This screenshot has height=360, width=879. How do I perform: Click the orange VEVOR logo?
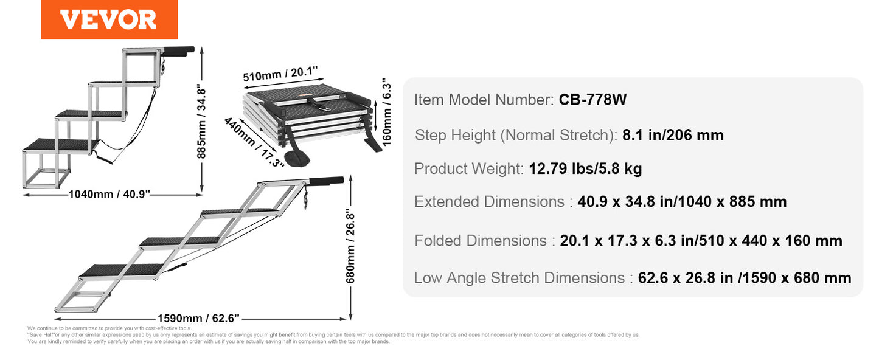109,19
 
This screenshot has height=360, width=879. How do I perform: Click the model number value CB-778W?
592,100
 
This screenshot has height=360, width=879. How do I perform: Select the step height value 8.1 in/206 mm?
673,135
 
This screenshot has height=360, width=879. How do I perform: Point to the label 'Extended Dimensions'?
490,202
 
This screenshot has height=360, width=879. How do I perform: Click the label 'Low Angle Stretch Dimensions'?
519,278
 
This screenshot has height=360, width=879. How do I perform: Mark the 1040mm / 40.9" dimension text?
109,195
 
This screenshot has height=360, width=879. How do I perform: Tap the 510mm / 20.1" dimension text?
273,75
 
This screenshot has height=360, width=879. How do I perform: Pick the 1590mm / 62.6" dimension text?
198,317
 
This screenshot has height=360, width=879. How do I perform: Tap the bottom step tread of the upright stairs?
60,144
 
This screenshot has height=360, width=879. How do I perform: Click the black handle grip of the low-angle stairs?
328,181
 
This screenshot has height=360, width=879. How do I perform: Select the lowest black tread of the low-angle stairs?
122,269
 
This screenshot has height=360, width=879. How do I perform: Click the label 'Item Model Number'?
484,100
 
